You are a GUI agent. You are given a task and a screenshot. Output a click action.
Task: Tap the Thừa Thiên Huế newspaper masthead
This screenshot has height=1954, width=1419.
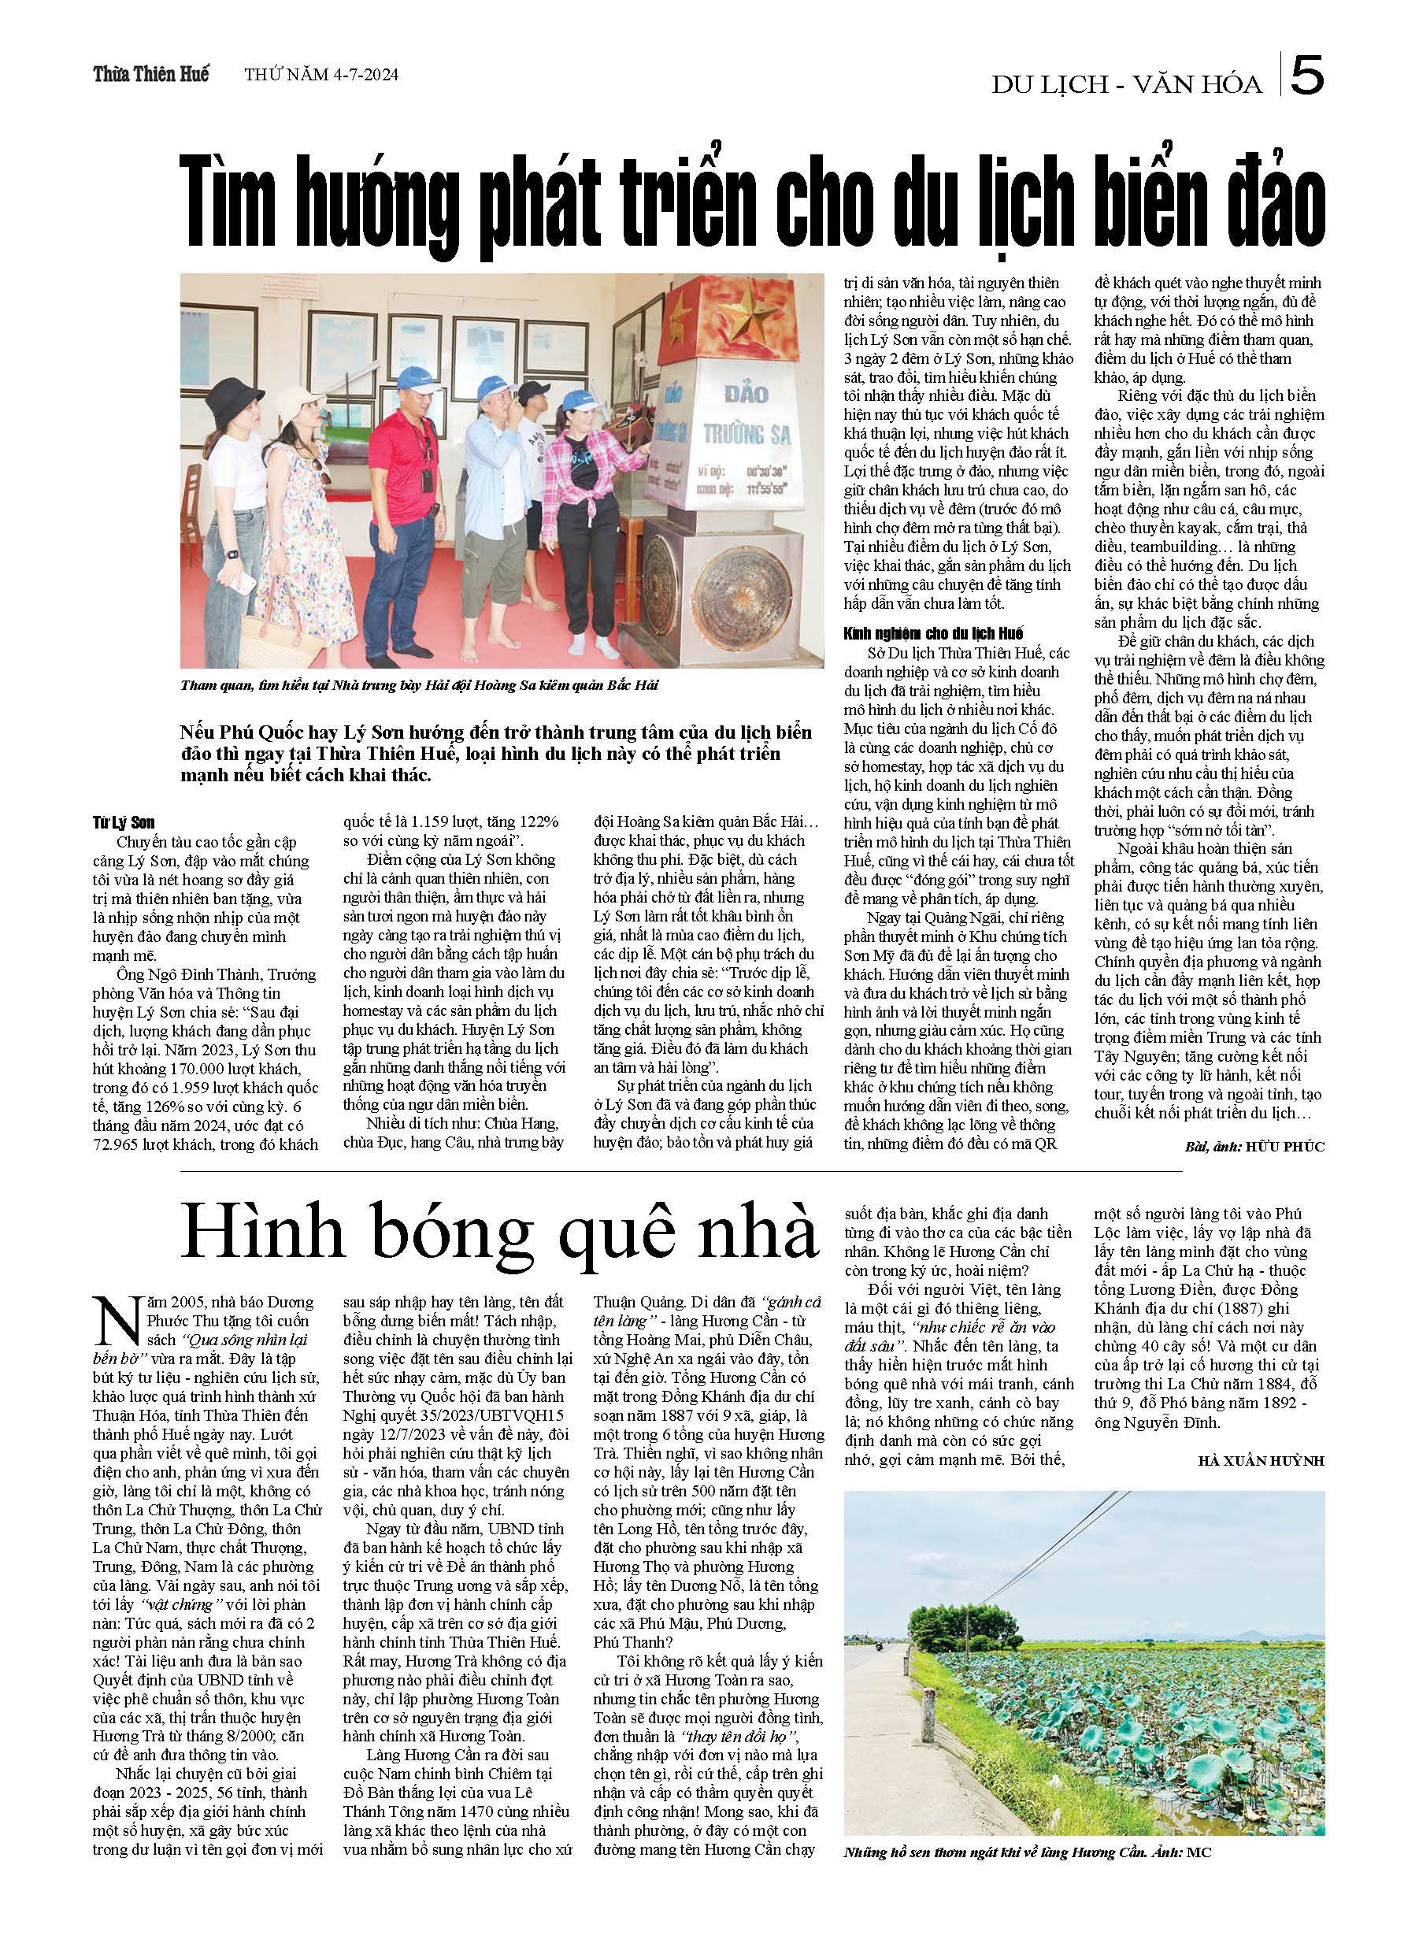point(150,74)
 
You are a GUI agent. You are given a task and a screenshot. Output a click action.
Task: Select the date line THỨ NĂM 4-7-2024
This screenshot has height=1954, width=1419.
point(320,75)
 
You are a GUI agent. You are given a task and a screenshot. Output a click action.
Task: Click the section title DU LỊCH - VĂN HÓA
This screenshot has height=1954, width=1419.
point(1126,84)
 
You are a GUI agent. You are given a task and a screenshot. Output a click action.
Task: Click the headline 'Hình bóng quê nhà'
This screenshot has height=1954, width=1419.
point(498,1233)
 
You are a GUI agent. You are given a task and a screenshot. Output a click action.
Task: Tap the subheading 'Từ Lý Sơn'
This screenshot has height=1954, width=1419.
point(124,823)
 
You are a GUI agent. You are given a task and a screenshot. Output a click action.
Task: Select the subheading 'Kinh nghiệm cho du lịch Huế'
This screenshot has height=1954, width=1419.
point(933,633)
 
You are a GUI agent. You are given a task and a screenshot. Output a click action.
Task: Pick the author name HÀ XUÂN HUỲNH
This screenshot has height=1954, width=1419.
point(1261,1460)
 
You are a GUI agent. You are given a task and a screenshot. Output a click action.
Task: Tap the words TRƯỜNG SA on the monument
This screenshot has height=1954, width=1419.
point(746,434)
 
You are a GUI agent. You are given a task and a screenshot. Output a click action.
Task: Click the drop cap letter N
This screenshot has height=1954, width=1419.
point(117,1321)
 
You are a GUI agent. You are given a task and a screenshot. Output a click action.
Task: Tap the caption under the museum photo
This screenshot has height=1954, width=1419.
point(419,686)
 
